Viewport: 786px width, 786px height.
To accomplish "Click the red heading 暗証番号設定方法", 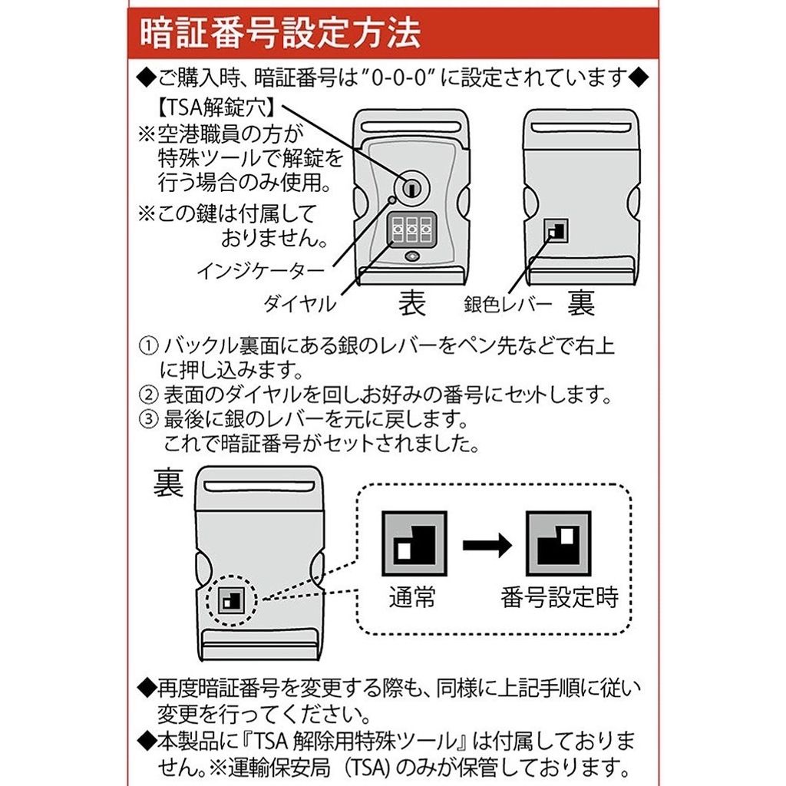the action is (x=279, y=34).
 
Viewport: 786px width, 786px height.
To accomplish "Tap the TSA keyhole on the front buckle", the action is (x=411, y=188).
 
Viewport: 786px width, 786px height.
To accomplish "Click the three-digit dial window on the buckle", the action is (x=412, y=230).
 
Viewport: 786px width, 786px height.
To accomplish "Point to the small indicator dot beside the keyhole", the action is (x=392, y=200).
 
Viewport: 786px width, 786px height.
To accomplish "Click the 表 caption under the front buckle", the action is (x=412, y=303).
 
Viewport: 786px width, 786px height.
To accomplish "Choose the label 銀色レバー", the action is (x=508, y=304).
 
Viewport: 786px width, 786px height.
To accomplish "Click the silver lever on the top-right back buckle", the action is (x=556, y=231).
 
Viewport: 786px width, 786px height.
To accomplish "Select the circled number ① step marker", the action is (x=148, y=346).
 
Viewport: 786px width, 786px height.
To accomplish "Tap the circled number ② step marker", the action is (x=148, y=395).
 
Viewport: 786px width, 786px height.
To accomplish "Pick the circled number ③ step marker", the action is (x=148, y=419).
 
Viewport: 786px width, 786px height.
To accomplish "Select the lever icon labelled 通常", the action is (x=414, y=543).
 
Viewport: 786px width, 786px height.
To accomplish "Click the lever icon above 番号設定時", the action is (x=558, y=543).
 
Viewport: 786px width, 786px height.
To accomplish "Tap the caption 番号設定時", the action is (x=560, y=596).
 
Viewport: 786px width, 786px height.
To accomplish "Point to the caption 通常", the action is (x=412, y=596).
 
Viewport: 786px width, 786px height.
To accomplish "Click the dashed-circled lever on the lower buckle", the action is (x=231, y=599).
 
